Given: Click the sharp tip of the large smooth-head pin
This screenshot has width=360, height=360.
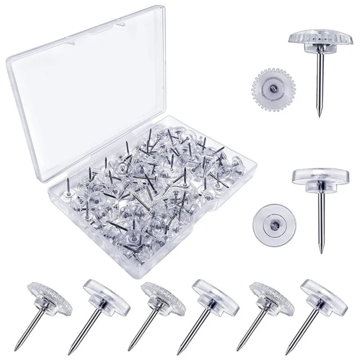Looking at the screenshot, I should point(320,253).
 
